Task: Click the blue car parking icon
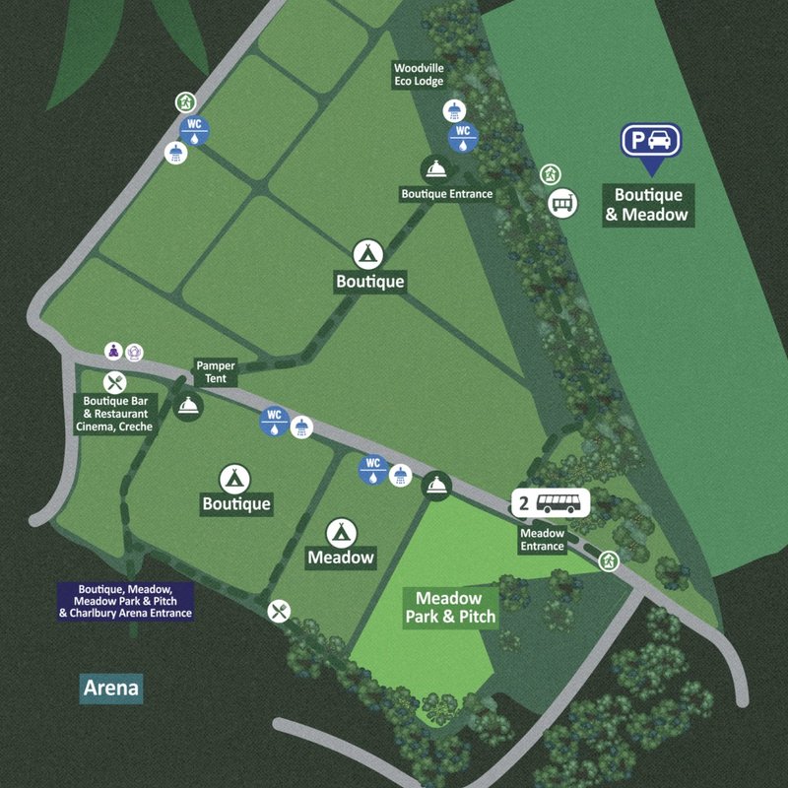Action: point(650,141)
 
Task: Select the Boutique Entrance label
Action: point(446,194)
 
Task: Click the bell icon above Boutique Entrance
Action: point(434,168)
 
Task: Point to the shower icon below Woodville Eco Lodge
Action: point(454,109)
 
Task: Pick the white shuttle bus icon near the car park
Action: point(561,204)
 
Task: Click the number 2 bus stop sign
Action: point(550,503)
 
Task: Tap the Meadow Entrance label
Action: point(542,540)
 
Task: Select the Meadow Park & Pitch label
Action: point(448,608)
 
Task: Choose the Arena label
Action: point(111,688)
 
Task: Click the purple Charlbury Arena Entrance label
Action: point(125,600)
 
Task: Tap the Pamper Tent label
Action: point(215,372)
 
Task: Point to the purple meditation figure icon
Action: point(114,351)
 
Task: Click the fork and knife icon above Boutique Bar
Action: point(115,382)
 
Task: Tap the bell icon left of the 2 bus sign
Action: point(435,485)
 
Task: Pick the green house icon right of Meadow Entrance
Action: point(610,560)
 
